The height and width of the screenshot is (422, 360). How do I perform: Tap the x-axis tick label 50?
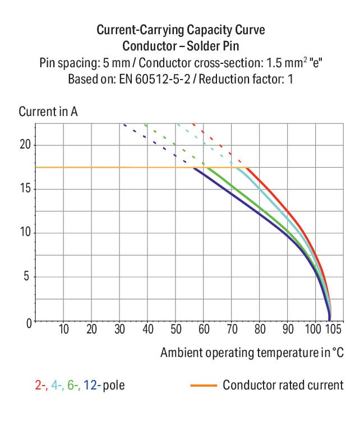pos(176,329)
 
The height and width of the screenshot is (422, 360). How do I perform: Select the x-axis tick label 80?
pos(260,329)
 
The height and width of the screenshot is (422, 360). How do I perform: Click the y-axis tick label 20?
pos(24,145)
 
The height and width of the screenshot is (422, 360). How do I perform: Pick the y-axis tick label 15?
pos(24,189)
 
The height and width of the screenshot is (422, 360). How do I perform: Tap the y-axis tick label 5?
pos(27,277)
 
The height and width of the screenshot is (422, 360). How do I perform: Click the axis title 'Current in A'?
pos(48,111)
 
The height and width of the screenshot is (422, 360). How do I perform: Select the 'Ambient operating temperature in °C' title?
pos(251,353)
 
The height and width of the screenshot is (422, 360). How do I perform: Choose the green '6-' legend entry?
pos(73,386)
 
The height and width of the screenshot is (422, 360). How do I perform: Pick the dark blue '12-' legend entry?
pos(93,386)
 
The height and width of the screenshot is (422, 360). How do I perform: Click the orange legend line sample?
pos(203,386)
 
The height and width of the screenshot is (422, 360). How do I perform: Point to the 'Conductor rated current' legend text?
pos(283,386)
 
